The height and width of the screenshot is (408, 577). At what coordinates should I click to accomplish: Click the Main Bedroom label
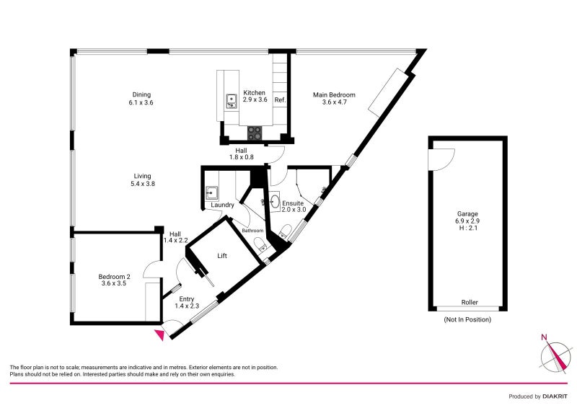334,95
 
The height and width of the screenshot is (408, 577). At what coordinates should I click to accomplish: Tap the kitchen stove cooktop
255,133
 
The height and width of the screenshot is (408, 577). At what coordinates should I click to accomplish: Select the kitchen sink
231,101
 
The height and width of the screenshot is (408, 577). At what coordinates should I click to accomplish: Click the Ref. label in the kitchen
280,99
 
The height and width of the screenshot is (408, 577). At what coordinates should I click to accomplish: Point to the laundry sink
211,192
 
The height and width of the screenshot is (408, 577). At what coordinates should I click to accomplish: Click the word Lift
222,256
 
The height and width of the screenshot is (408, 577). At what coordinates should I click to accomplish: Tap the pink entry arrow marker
159,334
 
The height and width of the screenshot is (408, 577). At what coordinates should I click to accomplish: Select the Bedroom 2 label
114,277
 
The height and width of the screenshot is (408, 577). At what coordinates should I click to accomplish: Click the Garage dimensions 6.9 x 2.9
467,221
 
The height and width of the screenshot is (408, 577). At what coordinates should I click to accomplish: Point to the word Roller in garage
470,303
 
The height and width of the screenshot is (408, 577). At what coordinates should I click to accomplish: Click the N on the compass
544,337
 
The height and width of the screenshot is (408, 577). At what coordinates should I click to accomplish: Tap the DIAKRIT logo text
555,396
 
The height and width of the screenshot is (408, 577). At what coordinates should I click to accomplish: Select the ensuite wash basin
275,202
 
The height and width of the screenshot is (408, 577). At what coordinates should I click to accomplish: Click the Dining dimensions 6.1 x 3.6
141,102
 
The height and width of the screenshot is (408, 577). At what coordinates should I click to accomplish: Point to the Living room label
142,176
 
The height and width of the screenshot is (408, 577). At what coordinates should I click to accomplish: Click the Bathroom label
252,231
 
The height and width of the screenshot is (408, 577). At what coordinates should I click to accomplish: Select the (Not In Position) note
467,319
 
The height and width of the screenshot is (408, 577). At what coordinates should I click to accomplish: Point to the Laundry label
223,205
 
